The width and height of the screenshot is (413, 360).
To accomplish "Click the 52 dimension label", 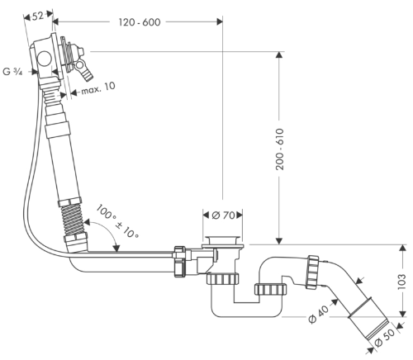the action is [x=38, y=17].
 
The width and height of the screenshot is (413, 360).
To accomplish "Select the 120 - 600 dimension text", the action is [x=140, y=22].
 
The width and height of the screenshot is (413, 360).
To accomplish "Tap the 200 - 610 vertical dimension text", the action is [x=280, y=149].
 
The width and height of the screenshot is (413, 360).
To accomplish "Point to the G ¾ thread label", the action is [x=12, y=72].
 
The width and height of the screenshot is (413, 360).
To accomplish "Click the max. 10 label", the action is [x=98, y=88].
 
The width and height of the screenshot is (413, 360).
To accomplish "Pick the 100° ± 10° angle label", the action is [x=117, y=221].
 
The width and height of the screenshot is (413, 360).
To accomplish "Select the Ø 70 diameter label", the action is [x=223, y=215].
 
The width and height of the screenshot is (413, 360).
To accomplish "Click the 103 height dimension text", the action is [x=402, y=282].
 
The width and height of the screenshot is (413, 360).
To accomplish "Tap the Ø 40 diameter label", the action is [x=319, y=314].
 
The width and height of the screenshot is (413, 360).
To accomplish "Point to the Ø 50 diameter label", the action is [x=385, y=339].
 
